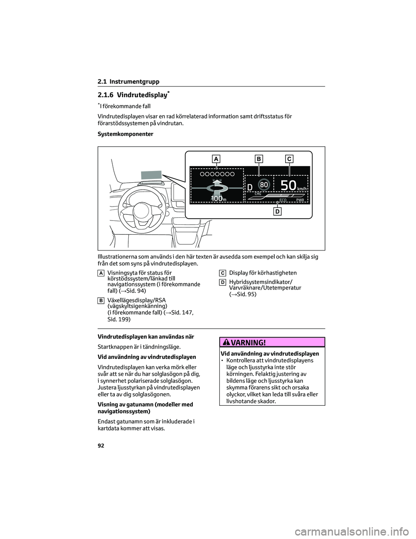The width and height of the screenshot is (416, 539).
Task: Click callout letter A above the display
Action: (216, 159)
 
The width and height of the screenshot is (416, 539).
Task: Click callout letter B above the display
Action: (259, 159)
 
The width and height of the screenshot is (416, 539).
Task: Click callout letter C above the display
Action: (289, 159)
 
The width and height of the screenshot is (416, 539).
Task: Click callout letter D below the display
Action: (277, 211)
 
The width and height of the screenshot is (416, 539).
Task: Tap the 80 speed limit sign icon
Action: (264, 184)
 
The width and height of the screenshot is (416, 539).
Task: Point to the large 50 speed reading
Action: (289, 185)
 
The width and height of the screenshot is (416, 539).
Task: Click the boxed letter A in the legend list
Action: (101, 273)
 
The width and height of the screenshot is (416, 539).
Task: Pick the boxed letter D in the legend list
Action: (222, 283)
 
